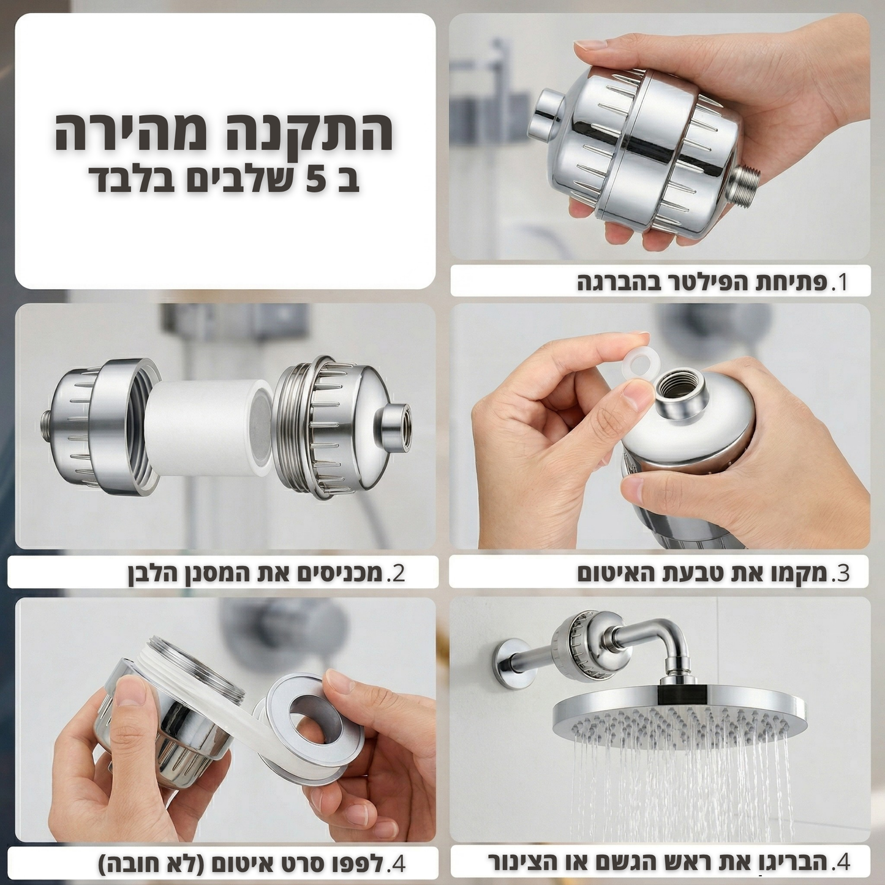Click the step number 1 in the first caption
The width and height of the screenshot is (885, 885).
pos(844,282)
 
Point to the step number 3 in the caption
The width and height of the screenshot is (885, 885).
pos(843,573)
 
